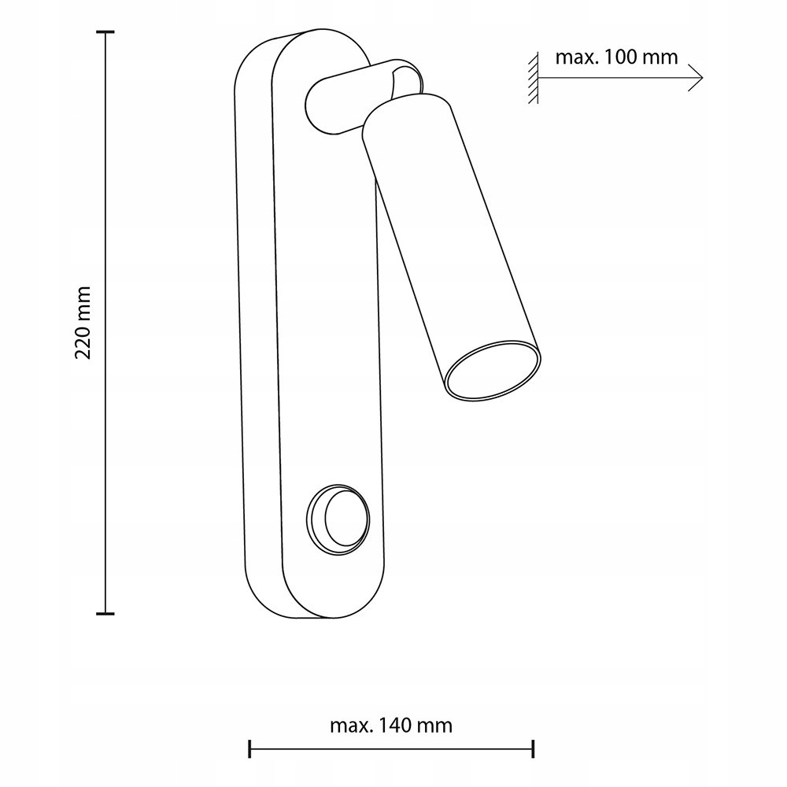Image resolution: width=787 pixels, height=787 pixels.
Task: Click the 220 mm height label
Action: [83, 323]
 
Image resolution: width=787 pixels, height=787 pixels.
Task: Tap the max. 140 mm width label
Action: [391, 726]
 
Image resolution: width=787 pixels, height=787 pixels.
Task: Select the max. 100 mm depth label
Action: [616, 57]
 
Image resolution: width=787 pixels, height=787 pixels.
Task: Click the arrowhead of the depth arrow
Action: [697, 78]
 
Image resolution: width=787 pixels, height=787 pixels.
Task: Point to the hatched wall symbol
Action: [533, 78]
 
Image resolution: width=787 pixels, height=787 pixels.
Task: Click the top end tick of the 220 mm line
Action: [105, 32]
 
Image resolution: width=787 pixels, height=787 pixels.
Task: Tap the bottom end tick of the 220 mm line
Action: [105, 613]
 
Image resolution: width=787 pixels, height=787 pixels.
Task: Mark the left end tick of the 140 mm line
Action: [249, 748]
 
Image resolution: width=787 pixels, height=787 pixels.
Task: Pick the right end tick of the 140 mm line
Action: [533, 748]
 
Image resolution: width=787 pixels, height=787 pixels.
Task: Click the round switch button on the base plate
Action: [338, 519]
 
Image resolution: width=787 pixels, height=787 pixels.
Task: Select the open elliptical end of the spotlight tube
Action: [493, 371]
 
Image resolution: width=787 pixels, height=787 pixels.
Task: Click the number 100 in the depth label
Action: [620, 57]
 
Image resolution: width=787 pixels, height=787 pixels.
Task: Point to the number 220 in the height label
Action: [83, 342]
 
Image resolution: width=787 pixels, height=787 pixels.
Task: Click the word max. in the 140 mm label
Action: [351, 726]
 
